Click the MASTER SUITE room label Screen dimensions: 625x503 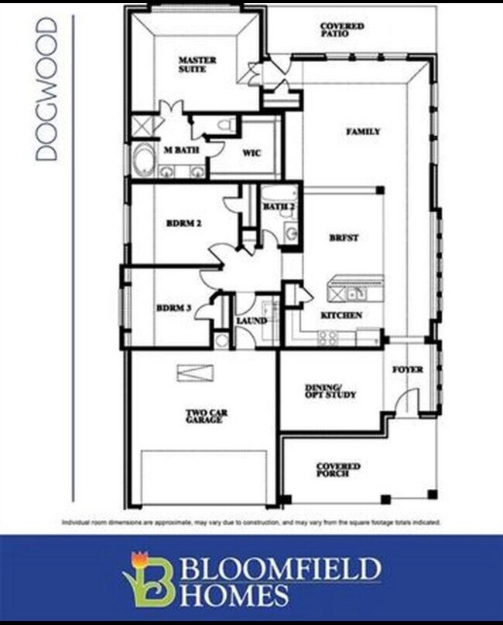pos(197,65)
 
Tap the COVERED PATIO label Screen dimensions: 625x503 pos(342,30)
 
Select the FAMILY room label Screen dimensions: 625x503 pos(362,132)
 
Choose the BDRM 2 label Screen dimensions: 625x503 pos(184,224)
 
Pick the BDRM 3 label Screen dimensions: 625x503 pos(174,307)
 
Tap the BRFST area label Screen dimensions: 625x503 pos(343,239)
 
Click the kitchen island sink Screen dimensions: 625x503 pos(354,293)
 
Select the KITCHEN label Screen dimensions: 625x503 pos(341,315)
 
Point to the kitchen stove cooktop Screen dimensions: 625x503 pos(327,337)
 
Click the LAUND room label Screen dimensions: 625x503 pos(251,321)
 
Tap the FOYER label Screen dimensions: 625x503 pos(407,370)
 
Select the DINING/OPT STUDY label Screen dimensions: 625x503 pos(330,391)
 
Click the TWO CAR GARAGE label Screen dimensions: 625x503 pos(206,417)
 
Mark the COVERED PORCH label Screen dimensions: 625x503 pos(338,470)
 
